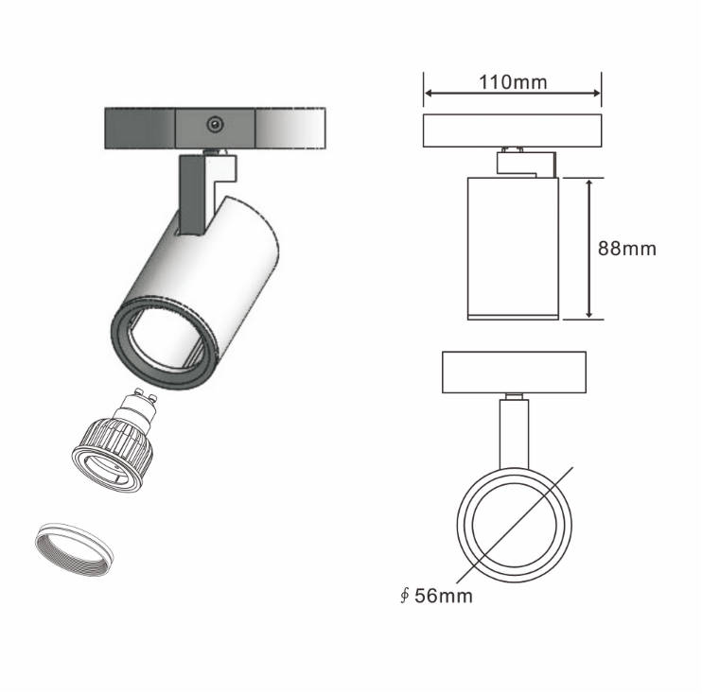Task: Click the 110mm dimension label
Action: pos(513,82)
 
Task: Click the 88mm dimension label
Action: pos(626,249)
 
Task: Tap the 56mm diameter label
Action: pos(443,596)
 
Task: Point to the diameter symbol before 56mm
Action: pos(405,596)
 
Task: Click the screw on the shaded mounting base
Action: pos(216,124)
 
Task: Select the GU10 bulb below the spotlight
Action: pos(114,441)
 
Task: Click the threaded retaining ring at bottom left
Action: pos(74,548)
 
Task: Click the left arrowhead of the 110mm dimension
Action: pos(428,93)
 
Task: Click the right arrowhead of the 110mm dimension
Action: pos(596,93)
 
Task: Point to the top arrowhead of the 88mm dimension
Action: pos(589,183)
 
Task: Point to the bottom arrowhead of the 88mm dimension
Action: pos(589,314)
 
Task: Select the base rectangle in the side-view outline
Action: pos(512,130)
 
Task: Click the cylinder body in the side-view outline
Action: pos(513,249)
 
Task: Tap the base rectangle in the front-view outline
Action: pos(514,373)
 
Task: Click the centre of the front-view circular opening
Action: pos(515,526)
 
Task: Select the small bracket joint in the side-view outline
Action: pos(526,162)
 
